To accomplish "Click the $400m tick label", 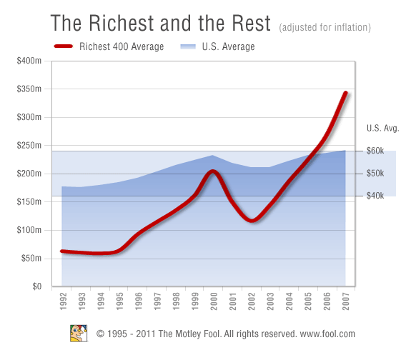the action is [29, 61].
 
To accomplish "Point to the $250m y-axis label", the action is [29, 145].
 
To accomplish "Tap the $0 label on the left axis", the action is [37, 286].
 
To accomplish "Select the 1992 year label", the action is [63, 301].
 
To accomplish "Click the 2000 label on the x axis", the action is [214, 301].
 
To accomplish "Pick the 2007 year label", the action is [346, 301].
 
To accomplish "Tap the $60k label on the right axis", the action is [375, 151].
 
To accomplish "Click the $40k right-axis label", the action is [375, 196].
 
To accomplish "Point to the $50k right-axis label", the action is [375, 173].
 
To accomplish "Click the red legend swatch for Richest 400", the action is [64, 46].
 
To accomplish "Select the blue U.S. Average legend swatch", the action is [188, 46].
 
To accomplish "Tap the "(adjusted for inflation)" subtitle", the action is [325, 27].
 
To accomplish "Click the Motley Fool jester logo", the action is [79, 334].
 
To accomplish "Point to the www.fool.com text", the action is [327, 334].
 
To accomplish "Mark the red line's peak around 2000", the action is [212, 171].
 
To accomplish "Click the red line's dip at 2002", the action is [252, 220].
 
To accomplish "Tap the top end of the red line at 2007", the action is [346, 93].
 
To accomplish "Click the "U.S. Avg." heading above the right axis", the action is [382, 128].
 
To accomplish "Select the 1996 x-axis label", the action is [139, 301].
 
